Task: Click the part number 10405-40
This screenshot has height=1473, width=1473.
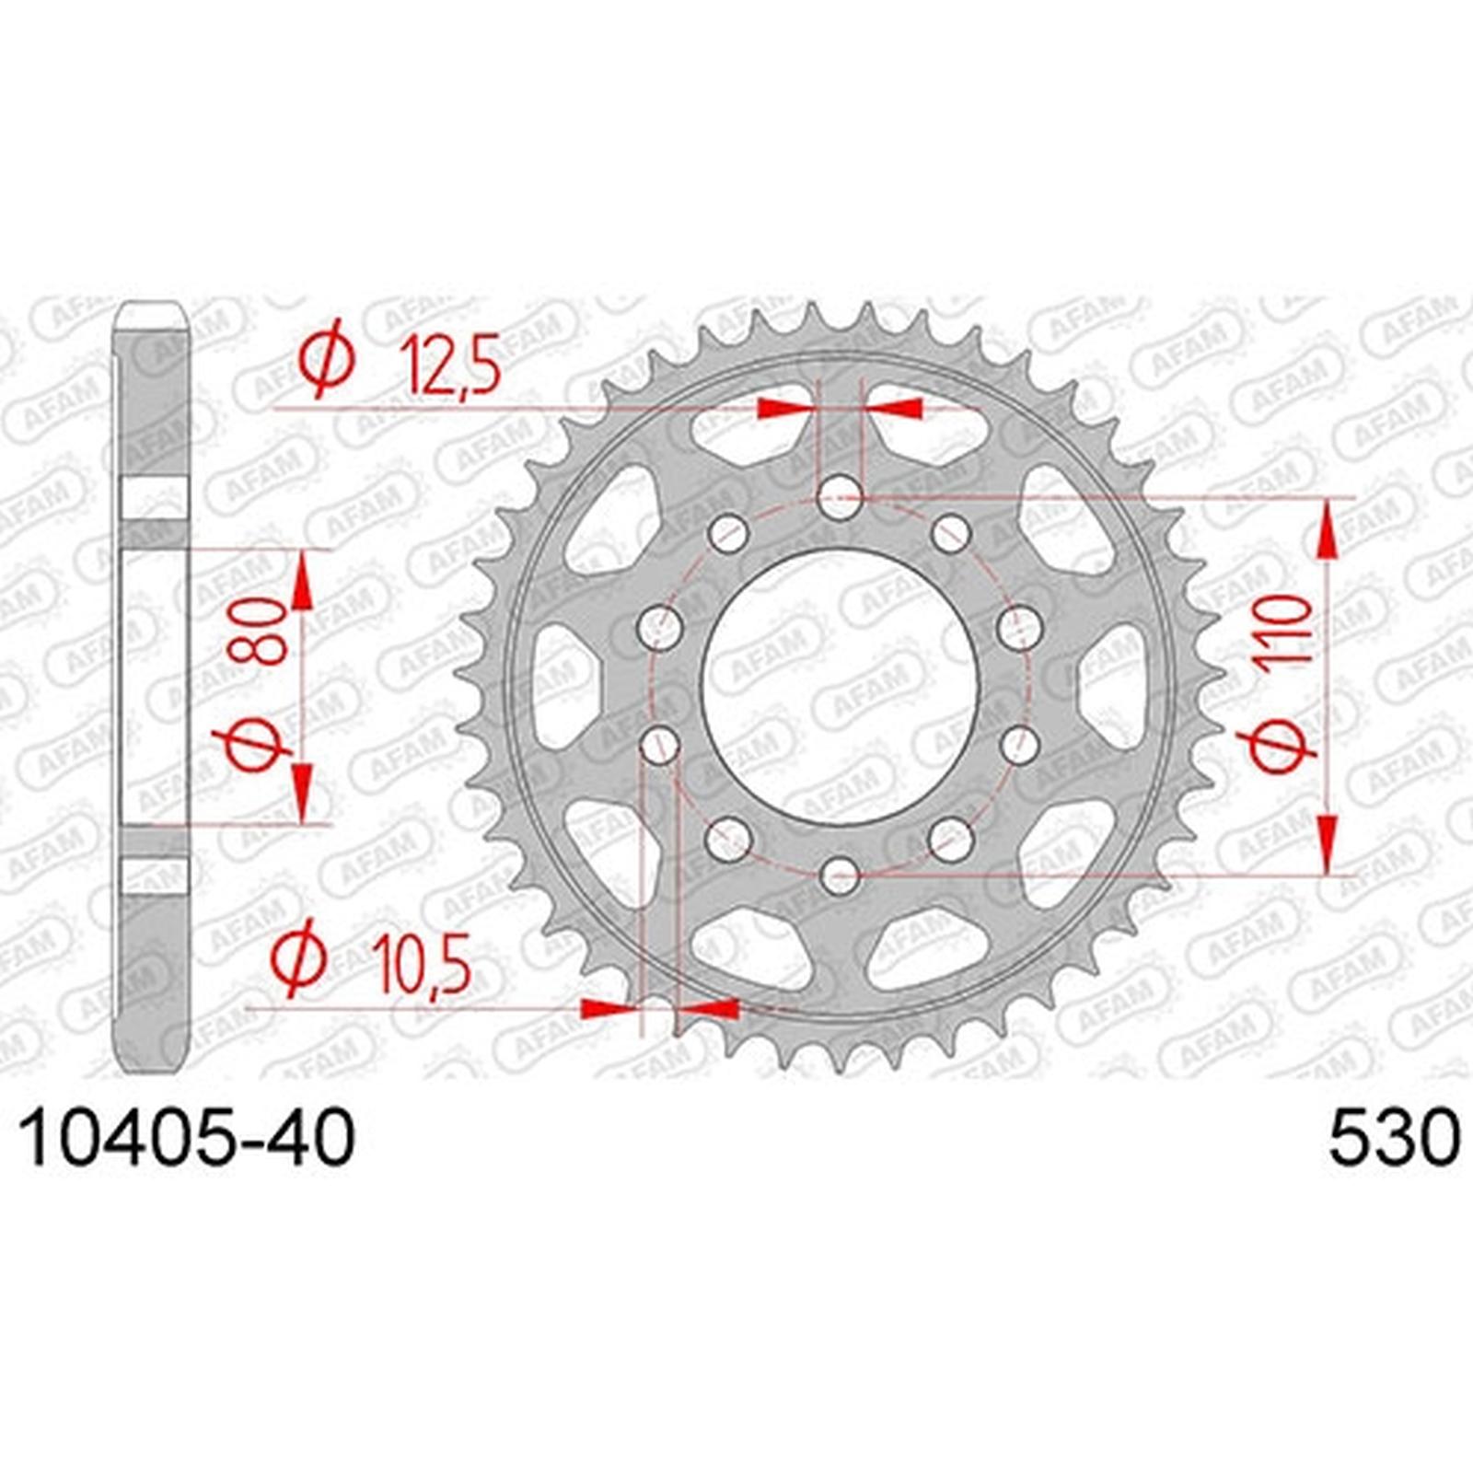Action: coord(187,1139)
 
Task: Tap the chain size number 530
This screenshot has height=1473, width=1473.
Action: coord(1394,1139)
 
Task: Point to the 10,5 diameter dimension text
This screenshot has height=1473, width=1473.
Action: coord(423,964)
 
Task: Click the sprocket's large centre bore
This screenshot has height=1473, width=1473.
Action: coord(840,687)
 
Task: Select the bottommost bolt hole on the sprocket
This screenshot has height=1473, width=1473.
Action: coord(840,874)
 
